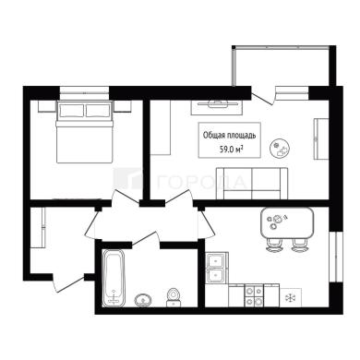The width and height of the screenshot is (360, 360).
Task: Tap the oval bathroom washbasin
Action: tap(143, 299)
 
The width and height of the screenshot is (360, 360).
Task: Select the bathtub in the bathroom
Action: tap(114, 278)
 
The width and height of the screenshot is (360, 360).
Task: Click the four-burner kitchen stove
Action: tap(254, 295)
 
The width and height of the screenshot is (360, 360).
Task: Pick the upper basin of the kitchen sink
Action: tap(216, 260)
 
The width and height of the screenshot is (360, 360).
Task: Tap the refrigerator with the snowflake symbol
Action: tap(290, 297)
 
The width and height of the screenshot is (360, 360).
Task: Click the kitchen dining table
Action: tap(287, 223)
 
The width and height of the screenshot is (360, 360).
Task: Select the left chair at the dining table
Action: tap(274, 246)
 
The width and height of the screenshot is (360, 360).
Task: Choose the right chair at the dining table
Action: tap(299, 246)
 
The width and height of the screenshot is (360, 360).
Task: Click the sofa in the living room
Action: tap(252, 184)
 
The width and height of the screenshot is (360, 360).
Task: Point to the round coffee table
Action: tap(281, 148)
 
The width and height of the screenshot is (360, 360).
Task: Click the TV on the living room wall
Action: tap(218, 104)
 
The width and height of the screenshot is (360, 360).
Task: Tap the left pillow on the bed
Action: tap(71, 111)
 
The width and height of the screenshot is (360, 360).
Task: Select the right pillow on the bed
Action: tap(98, 111)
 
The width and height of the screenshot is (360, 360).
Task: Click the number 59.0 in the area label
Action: tap(226, 150)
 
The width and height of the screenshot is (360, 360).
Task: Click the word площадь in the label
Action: tap(241, 136)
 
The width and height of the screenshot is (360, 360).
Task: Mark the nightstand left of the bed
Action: tap(46, 106)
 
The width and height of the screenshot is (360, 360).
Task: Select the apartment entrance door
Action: tap(68, 282)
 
